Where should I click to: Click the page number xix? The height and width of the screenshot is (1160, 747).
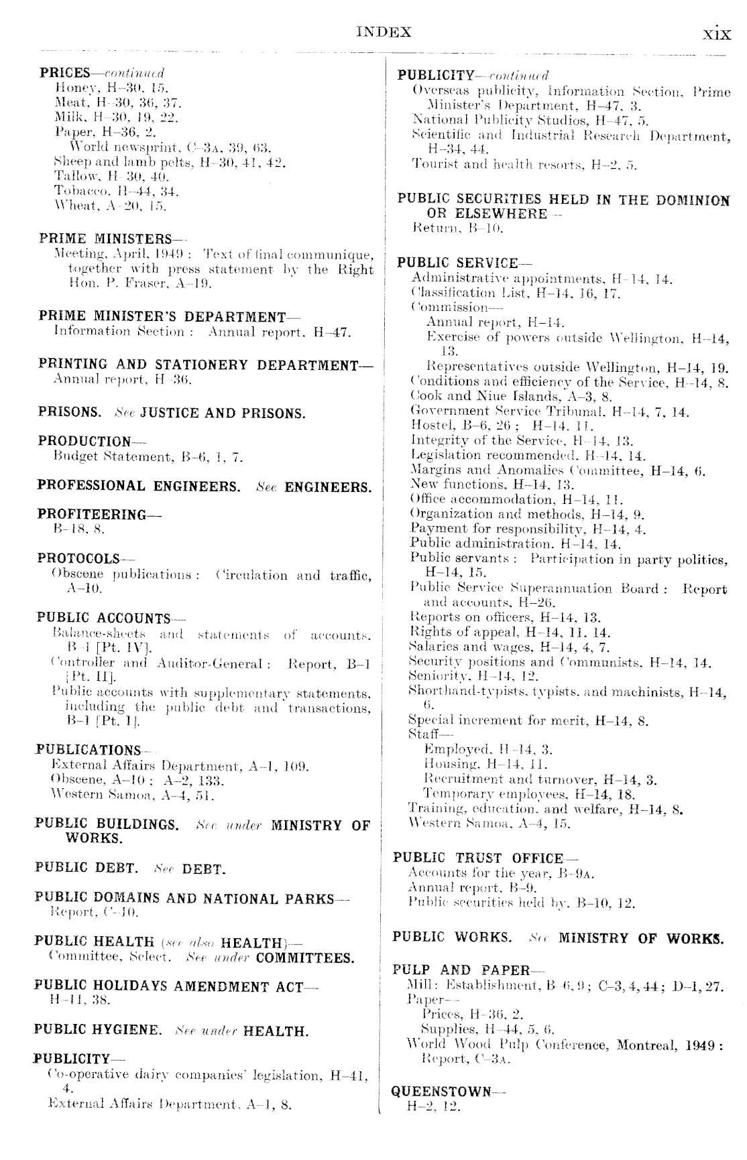click(x=716, y=34)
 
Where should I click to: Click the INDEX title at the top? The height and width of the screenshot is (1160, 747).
click(x=384, y=32)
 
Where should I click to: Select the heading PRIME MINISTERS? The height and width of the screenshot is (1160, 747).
click(x=106, y=239)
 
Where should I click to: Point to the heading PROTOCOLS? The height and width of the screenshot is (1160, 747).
click(x=79, y=558)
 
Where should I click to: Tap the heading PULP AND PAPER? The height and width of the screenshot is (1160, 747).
click(x=462, y=970)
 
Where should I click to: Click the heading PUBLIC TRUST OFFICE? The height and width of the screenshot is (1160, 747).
click(x=478, y=858)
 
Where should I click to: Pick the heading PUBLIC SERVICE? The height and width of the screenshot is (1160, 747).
click(x=458, y=263)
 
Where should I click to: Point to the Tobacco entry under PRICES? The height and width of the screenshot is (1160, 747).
click(x=107, y=192)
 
